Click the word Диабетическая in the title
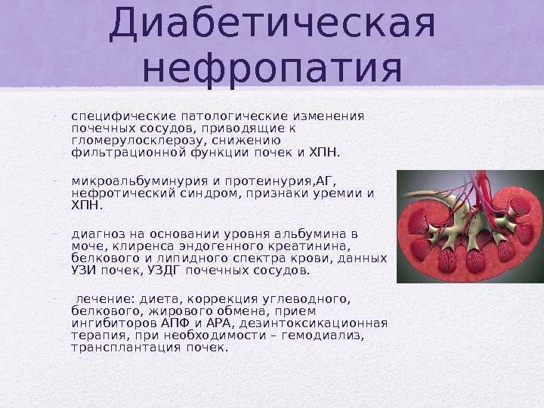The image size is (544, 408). (272, 23)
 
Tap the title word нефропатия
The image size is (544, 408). (272, 70)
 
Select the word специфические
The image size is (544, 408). (123, 116)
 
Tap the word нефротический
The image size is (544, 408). (123, 193)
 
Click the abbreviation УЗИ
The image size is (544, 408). (83, 270)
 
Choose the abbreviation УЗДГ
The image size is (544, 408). (164, 270)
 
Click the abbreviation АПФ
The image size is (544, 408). (175, 323)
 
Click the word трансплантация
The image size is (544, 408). (126, 348)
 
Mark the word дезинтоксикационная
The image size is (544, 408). (314, 324)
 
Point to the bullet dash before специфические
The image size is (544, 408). (55, 116)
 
